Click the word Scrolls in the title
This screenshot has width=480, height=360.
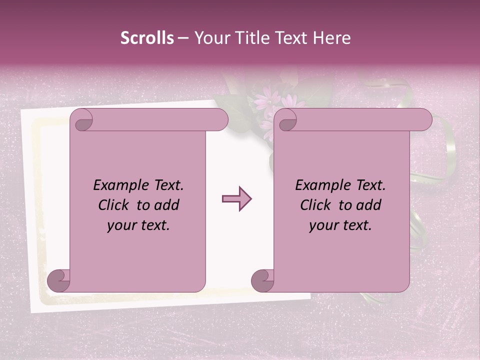[147, 38]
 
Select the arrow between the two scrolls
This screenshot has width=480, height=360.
[236, 199]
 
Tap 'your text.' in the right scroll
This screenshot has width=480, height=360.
[340, 225]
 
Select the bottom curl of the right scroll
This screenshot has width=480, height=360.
[262, 280]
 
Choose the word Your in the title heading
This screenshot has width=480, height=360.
[210, 38]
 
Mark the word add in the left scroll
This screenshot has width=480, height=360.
[167, 205]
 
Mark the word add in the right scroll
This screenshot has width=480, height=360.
[369, 205]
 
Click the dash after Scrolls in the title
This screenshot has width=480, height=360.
[183, 38]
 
